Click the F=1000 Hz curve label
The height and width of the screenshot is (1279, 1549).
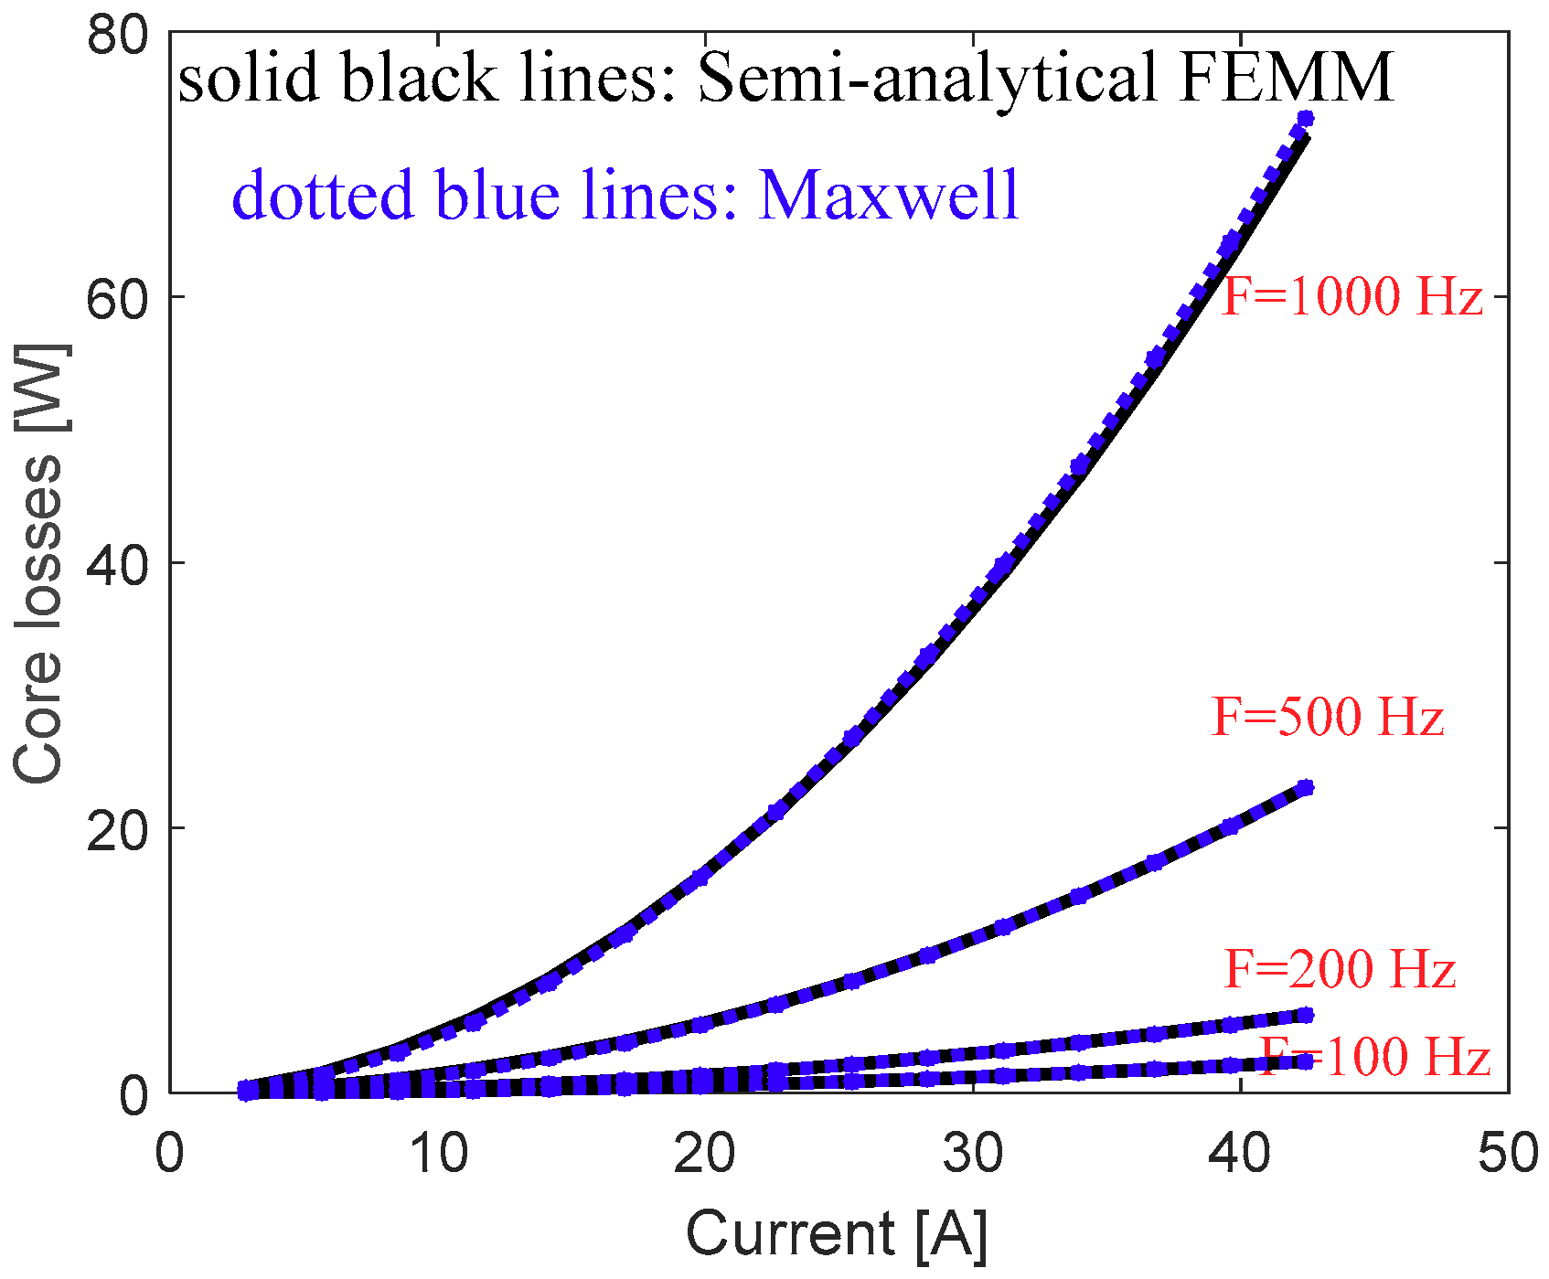point(1351,297)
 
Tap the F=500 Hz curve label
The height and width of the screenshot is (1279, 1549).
point(1327,717)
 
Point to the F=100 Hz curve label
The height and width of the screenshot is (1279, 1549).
point(1375,1057)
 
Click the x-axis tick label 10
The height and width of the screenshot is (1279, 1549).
point(437,1154)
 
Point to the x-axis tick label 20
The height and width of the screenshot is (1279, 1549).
point(704,1154)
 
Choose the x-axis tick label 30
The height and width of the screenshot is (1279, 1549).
point(972,1154)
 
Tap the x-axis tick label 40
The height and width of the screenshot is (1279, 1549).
point(1239,1154)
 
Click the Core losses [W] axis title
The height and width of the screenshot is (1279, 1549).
point(38,563)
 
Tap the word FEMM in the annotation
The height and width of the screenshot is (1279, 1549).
point(1286,78)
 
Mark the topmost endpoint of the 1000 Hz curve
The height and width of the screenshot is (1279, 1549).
point(1305,119)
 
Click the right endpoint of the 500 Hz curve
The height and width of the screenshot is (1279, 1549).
point(1305,787)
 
